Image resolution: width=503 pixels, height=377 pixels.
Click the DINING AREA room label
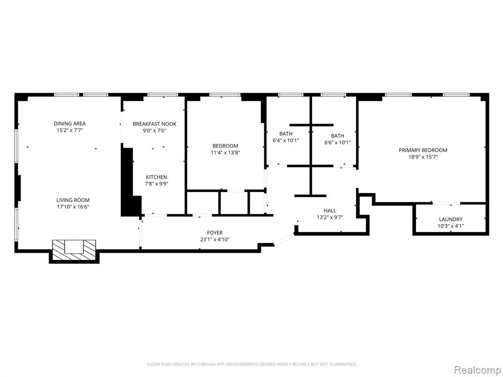(70, 123)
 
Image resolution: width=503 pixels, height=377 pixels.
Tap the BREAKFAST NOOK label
(155, 124)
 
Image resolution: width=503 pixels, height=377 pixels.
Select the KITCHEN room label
(157, 177)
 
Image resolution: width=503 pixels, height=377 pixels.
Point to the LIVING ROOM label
(73, 200)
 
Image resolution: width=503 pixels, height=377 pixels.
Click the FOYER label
(215, 233)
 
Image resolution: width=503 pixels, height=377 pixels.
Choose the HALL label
(330, 211)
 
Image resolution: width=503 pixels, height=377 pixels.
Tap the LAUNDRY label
(451, 219)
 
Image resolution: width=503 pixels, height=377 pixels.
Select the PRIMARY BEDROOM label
(423, 150)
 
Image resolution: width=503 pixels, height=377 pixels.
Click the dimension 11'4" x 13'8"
(225, 153)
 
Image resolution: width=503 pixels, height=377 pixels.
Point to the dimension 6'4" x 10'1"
(286, 140)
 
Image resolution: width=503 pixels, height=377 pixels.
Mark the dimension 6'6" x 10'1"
(337, 142)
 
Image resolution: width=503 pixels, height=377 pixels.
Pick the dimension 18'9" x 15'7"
(423, 157)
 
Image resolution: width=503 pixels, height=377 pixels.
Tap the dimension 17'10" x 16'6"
(73, 207)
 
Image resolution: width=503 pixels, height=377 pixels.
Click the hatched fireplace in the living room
(74, 249)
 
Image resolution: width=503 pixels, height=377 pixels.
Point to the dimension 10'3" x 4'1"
(451, 226)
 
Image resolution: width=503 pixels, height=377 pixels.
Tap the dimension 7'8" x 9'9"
(157, 184)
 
